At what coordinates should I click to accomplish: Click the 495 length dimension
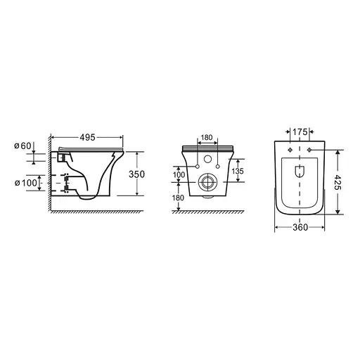[88, 137]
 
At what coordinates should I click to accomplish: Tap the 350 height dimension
[137, 174]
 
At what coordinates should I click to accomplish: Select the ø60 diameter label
[22, 146]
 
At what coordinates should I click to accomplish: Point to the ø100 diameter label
[26, 183]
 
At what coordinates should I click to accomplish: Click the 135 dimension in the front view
[238, 171]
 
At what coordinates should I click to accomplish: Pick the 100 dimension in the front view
[179, 174]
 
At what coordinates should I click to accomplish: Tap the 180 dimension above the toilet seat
[207, 137]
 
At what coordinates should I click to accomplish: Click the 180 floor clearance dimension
[178, 198]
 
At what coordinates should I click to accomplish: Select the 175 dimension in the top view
[300, 132]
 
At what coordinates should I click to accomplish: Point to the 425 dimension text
[338, 182]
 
